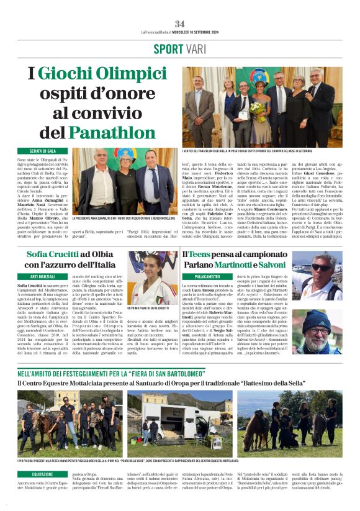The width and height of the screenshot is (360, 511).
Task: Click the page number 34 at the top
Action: [x=179, y=24]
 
